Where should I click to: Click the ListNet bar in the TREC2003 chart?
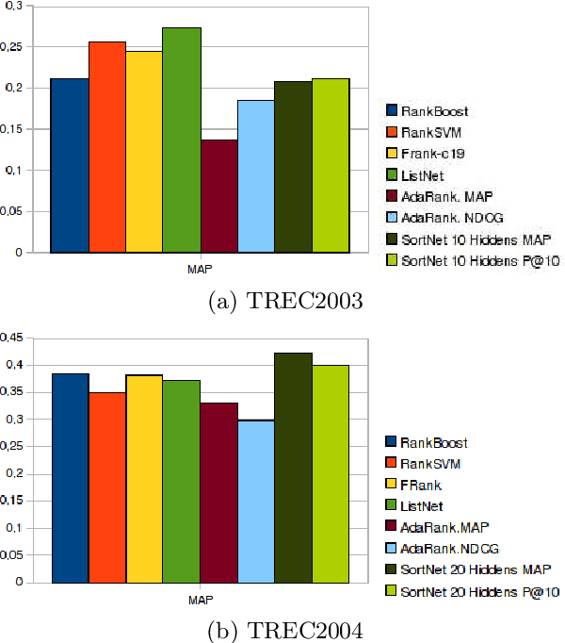pos(182,140)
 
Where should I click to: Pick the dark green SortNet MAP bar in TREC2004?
pos(293,468)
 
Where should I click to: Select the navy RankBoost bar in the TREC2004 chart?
pos(70,477)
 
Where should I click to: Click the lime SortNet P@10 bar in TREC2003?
pos(331,166)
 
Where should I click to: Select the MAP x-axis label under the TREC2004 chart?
pos(200,599)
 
